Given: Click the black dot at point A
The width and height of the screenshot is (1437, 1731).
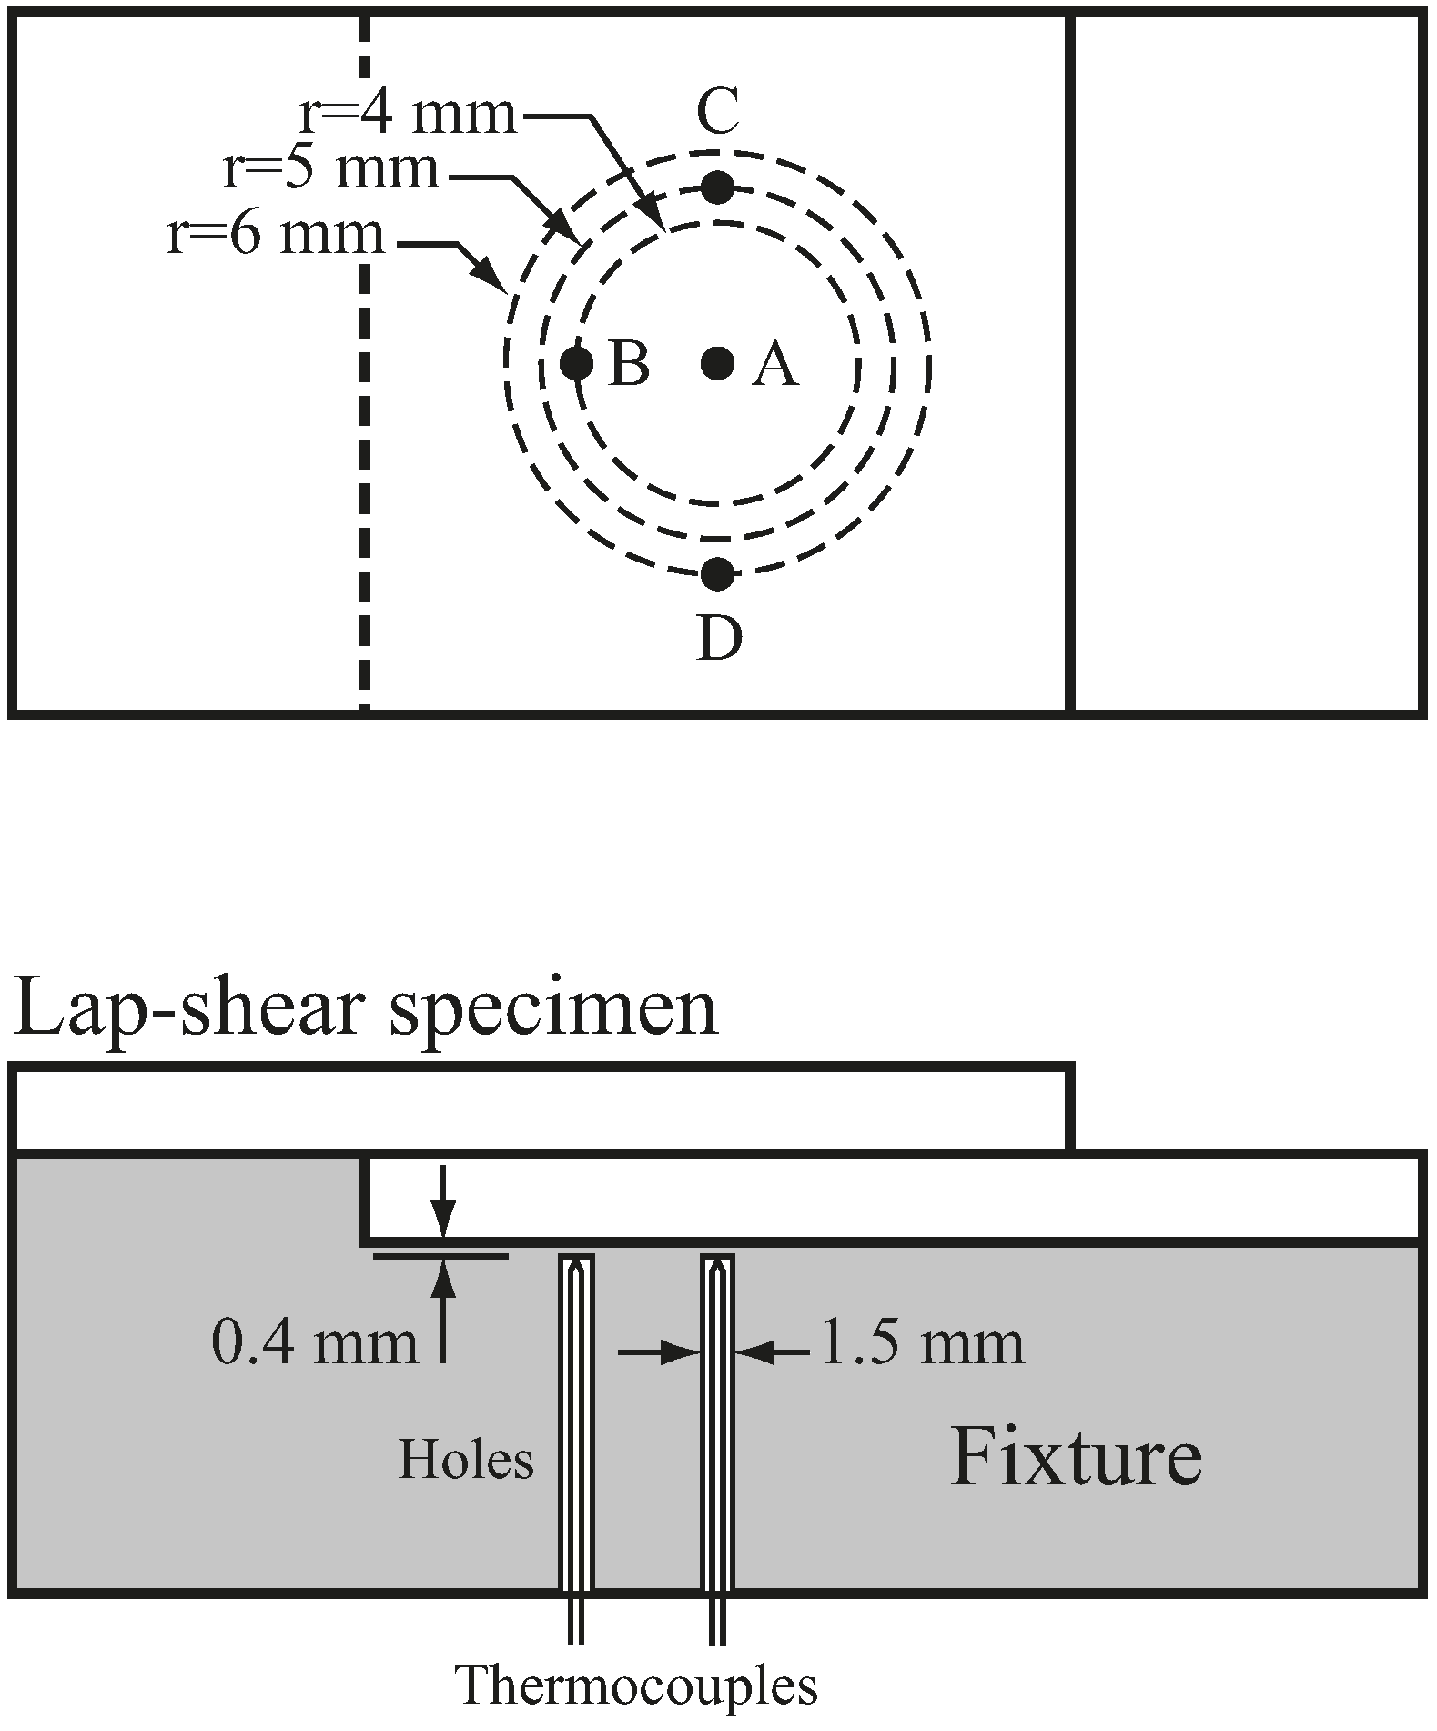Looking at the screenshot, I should (x=717, y=364).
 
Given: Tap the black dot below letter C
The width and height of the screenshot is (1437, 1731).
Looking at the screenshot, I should (x=717, y=187).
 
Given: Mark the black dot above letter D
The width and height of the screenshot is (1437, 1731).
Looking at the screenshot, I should (x=717, y=573).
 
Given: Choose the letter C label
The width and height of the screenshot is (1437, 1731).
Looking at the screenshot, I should (x=717, y=113).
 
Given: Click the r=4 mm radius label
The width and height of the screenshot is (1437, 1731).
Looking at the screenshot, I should (x=407, y=116).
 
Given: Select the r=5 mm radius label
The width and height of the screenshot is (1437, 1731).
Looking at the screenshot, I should (x=331, y=170).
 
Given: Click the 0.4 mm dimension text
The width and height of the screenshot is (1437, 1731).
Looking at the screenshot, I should (x=314, y=1343).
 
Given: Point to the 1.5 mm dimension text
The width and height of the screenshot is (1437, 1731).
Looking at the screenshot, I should (x=922, y=1343).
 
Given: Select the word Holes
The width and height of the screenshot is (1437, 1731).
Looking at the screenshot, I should (x=466, y=1460).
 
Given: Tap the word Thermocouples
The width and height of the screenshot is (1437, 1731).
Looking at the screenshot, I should (x=637, y=1685).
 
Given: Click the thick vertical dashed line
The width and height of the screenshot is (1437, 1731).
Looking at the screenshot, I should (x=364, y=364).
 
